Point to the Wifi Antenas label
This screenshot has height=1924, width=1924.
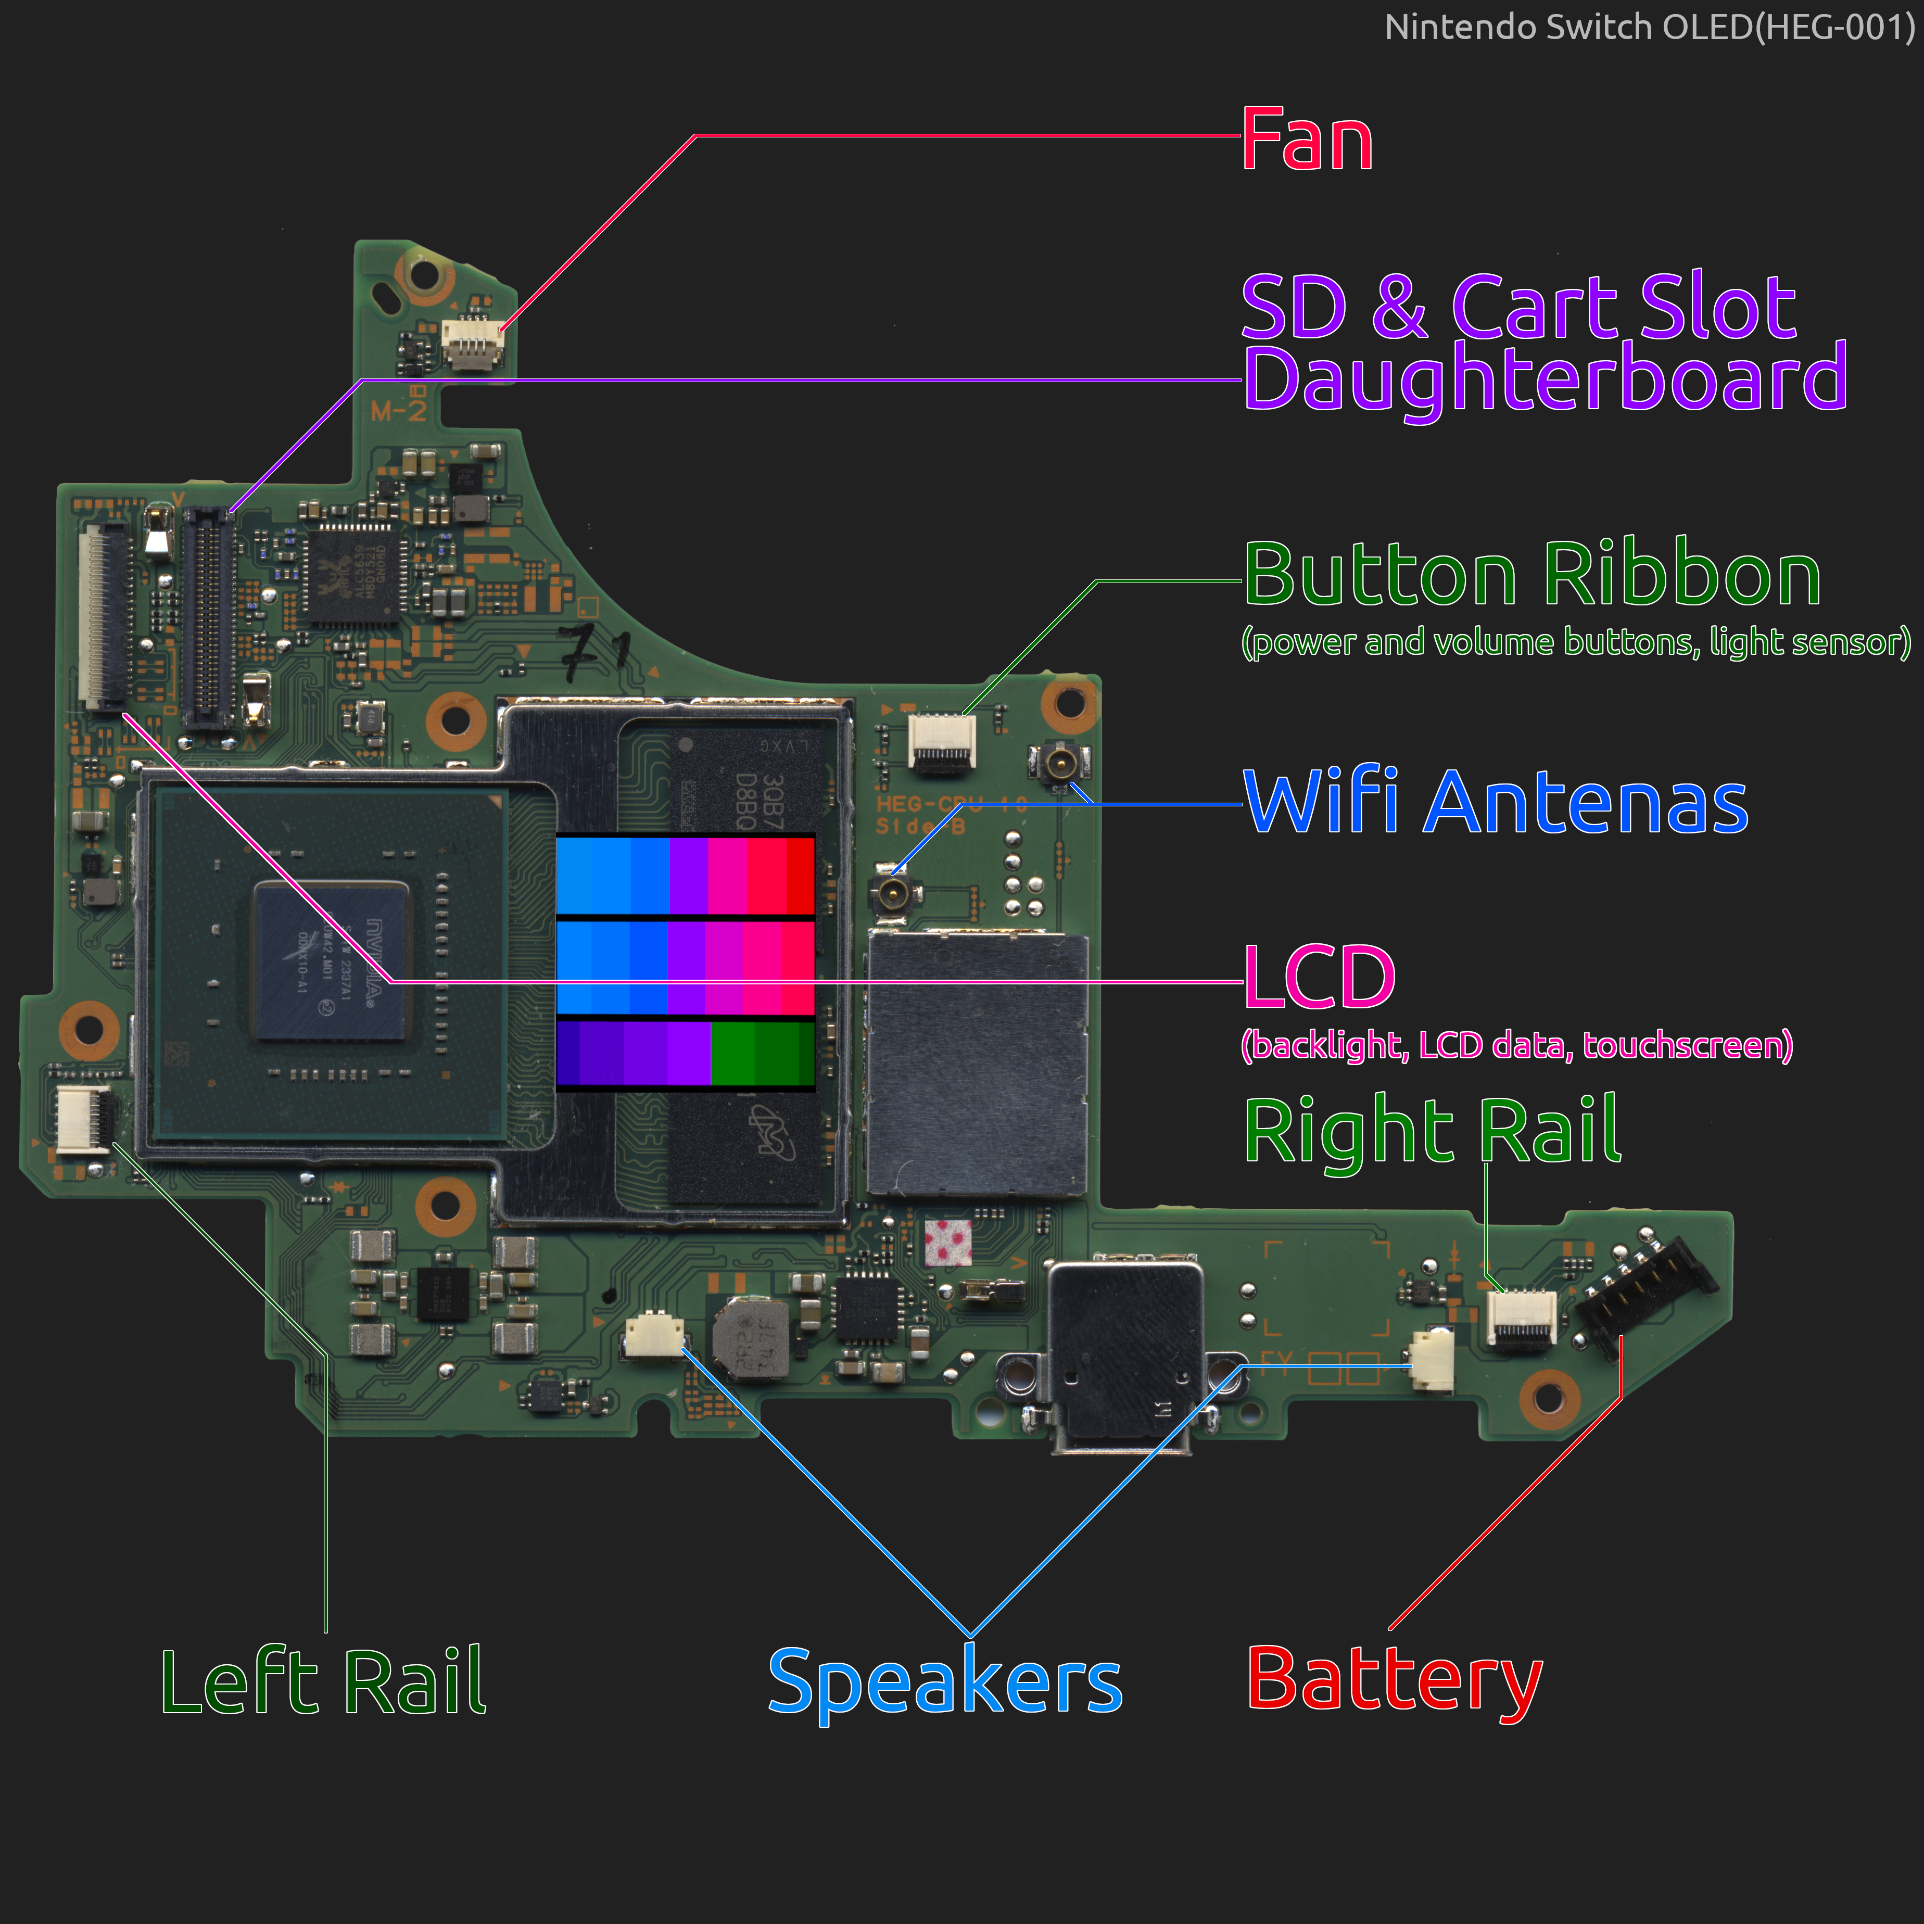click(1496, 803)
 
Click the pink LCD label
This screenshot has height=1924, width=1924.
click(1320, 978)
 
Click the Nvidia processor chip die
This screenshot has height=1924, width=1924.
click(332, 961)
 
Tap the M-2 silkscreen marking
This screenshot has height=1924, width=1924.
click(398, 409)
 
